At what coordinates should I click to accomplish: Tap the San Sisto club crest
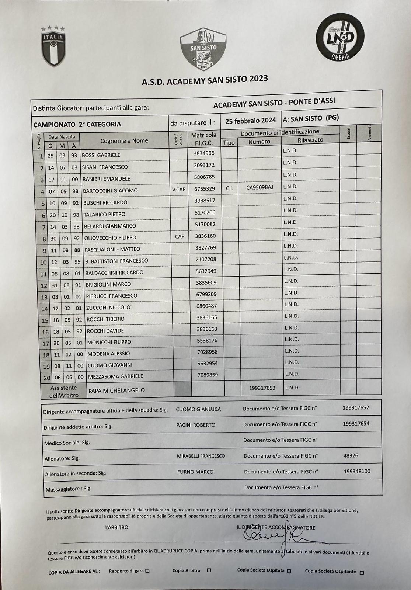pyautogui.click(x=203, y=50)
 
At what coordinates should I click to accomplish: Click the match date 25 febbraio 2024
pyautogui.click(x=251, y=121)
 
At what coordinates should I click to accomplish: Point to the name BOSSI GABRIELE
pyautogui.click(x=101, y=155)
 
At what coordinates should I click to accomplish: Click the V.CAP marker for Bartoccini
pyautogui.click(x=179, y=190)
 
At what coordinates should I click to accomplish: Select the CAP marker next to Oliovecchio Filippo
pyautogui.click(x=180, y=236)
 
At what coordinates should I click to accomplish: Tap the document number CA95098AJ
pyautogui.click(x=260, y=188)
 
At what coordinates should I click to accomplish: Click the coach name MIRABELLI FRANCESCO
pyautogui.click(x=201, y=456)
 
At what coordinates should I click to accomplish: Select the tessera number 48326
pyautogui.click(x=351, y=455)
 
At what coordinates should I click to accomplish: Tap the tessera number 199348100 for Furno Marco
pyautogui.click(x=357, y=471)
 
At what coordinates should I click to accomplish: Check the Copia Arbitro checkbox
pyautogui.click(x=209, y=570)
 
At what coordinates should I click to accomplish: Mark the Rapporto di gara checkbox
pyautogui.click(x=147, y=571)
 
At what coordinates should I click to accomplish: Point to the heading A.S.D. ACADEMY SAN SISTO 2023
pyautogui.click(x=205, y=80)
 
